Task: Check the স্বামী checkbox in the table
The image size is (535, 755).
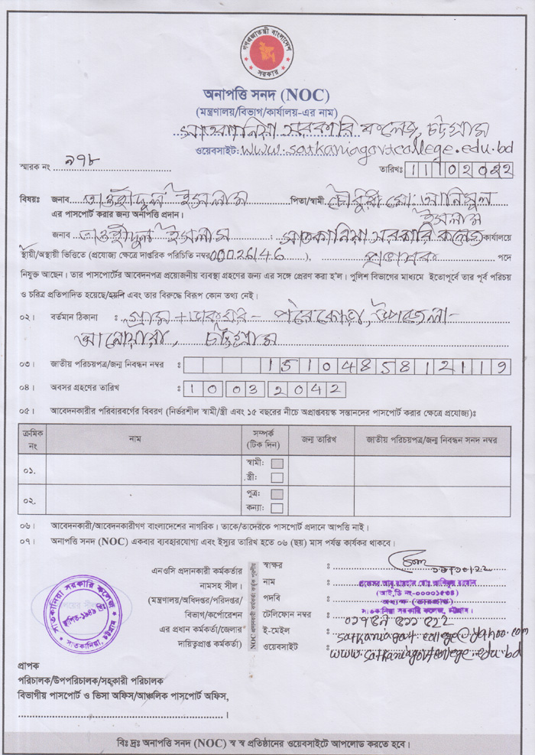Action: pyautogui.click(x=277, y=463)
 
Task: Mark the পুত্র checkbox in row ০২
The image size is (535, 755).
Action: pyautogui.click(x=277, y=493)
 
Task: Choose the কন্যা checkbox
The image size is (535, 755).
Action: pyautogui.click(x=277, y=507)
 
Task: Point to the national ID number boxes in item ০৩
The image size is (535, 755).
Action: pyautogui.click(x=347, y=366)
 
